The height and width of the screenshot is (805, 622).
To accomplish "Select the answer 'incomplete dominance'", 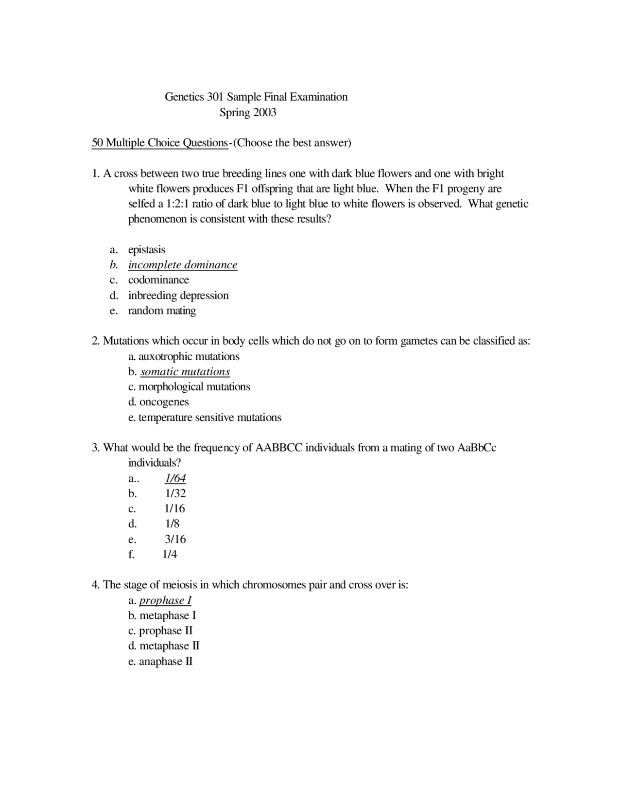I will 183,265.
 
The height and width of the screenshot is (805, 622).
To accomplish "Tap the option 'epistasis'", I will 147,250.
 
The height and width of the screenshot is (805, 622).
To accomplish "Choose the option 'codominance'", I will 158,280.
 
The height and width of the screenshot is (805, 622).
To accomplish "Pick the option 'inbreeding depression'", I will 178,296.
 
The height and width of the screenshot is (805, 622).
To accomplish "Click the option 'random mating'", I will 162,311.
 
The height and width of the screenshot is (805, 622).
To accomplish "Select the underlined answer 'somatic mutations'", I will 185,372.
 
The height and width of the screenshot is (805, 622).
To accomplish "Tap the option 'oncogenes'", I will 164,402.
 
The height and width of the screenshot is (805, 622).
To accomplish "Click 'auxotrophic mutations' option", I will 189,356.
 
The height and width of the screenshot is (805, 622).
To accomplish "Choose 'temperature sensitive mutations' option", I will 210,418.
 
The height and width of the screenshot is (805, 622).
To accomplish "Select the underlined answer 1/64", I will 175,478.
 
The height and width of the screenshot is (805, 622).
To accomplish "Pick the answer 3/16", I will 175,539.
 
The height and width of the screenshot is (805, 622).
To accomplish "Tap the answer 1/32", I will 175,493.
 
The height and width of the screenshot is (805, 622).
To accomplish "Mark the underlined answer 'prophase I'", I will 165,600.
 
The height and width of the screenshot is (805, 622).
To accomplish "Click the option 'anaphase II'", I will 166,662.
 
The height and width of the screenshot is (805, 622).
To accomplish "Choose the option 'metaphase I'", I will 168,616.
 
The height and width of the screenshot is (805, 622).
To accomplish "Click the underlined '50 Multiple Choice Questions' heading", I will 159,143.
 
